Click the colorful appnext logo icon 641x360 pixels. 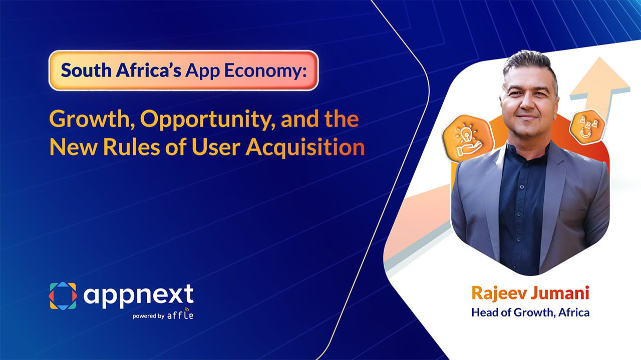click(63, 295)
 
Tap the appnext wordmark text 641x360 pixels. click(138, 295)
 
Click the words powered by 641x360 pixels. click(148, 316)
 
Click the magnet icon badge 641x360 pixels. click(587, 127)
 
